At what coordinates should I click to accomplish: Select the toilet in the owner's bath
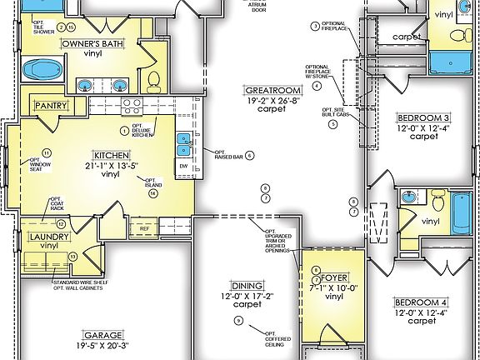153,80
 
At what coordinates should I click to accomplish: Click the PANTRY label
51,106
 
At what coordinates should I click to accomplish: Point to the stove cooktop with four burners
132,106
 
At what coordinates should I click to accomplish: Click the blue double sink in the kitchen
185,145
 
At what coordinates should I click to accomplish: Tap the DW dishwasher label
184,167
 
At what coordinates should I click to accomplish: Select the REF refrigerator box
144,227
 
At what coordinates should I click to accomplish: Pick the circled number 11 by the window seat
47,152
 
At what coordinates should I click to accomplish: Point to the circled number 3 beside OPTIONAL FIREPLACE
315,26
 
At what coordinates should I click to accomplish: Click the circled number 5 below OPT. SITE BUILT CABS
332,124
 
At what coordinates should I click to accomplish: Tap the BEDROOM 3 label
424,117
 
